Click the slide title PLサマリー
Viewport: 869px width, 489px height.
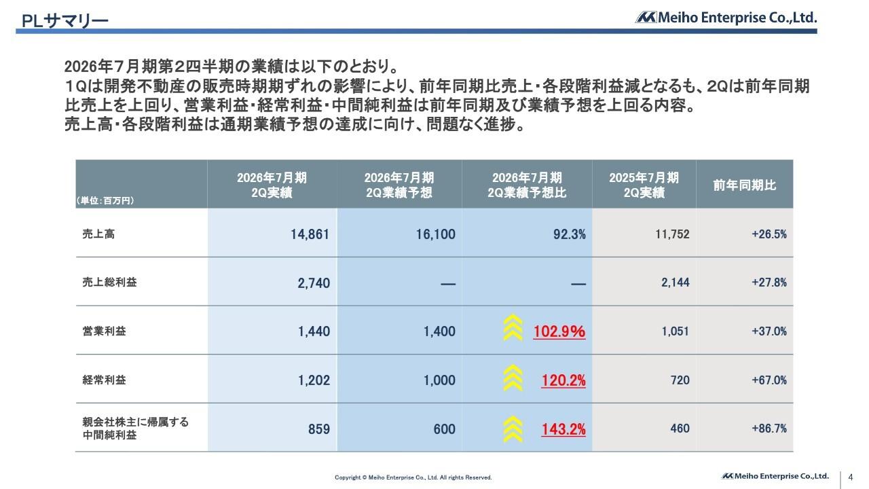click(x=65, y=21)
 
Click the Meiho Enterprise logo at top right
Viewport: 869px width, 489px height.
click(x=726, y=18)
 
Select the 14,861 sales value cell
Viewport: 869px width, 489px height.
click(x=310, y=234)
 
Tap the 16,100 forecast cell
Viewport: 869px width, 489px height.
click(x=435, y=234)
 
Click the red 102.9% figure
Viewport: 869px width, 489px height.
click(x=559, y=331)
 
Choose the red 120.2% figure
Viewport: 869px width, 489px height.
click(x=563, y=380)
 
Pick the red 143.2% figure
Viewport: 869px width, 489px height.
click(x=563, y=429)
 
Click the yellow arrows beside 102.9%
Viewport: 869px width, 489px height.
click(x=513, y=329)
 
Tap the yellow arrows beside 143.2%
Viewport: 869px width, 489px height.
click(x=513, y=427)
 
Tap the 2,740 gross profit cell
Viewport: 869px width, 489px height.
click(x=314, y=283)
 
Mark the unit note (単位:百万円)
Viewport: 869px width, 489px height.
click(x=105, y=200)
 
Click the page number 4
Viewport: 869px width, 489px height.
click(x=851, y=477)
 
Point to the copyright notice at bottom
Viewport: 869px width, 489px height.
click(x=413, y=478)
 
